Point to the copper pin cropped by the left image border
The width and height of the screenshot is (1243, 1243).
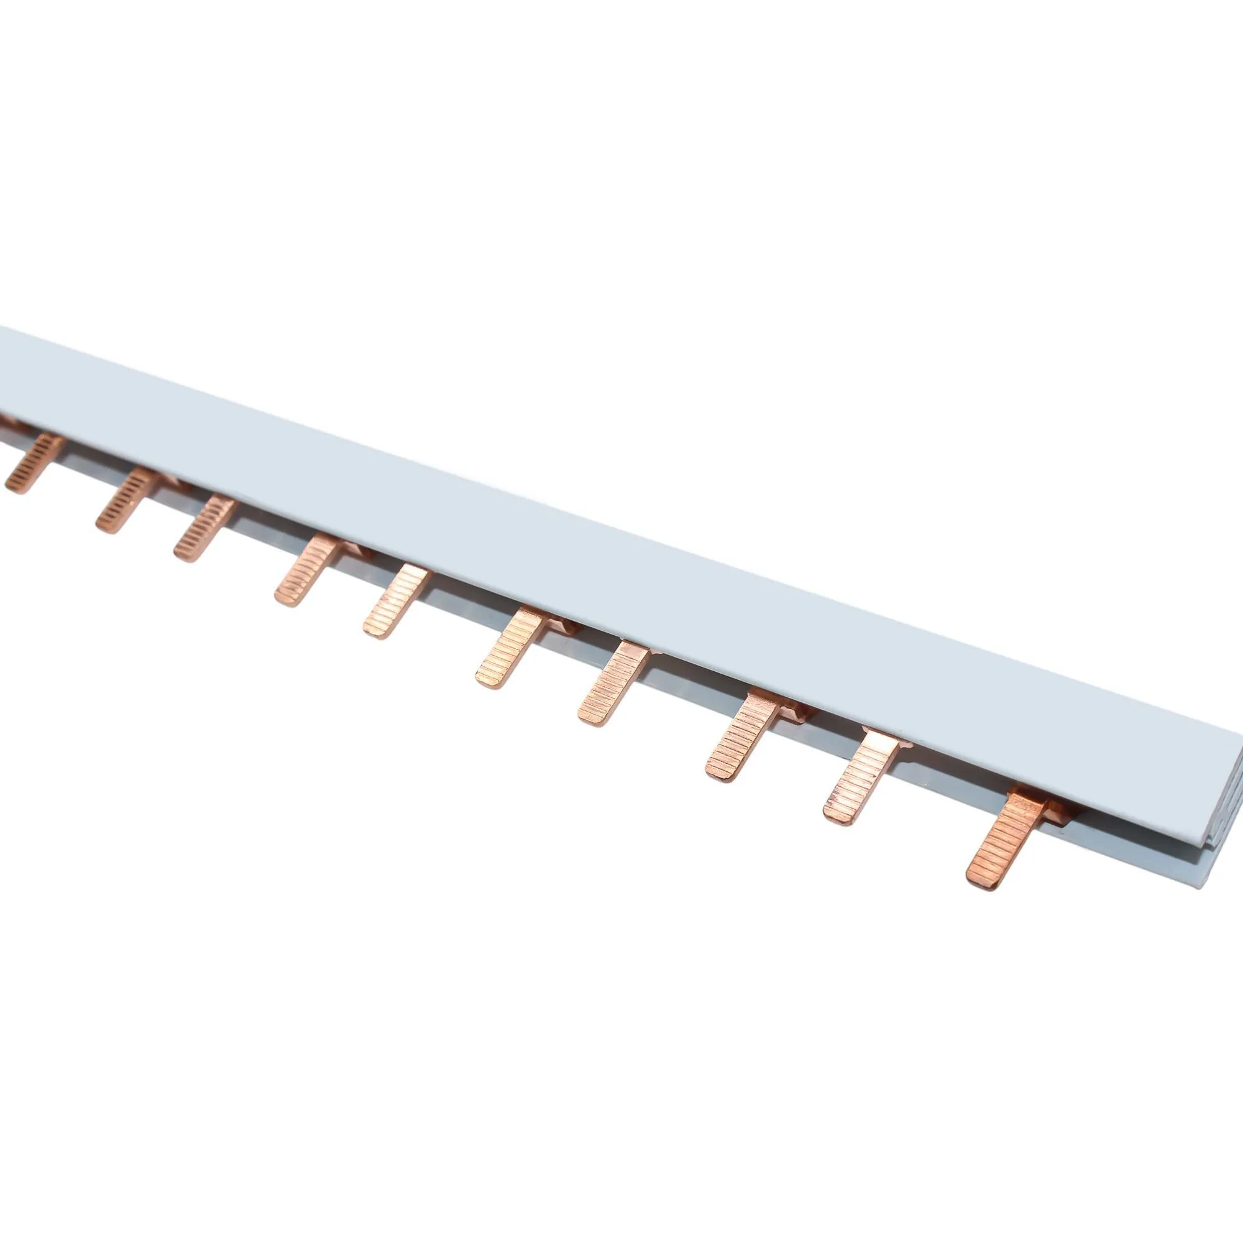click(x=7, y=421)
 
